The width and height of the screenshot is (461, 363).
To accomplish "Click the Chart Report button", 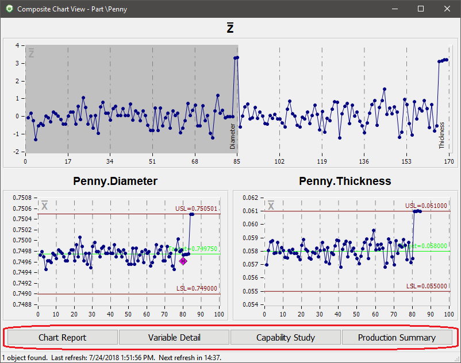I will (x=62, y=337).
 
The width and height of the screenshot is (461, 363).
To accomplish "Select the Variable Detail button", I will (x=174, y=337).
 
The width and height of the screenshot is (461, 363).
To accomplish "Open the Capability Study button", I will (x=286, y=337).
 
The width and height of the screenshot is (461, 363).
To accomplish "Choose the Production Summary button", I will (x=397, y=337).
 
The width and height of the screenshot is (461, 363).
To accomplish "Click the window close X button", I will (x=447, y=9).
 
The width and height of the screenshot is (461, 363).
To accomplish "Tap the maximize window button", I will (x=421, y=9).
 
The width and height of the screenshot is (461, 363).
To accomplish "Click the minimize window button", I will (x=394, y=9).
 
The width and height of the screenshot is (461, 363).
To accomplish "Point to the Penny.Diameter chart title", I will (x=116, y=181).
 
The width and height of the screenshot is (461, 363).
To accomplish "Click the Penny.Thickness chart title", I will (x=345, y=181).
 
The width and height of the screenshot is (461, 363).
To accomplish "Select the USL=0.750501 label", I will (x=197, y=209).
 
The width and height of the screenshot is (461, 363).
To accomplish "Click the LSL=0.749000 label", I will (x=197, y=289).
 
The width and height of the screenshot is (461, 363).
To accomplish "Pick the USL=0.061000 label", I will (x=426, y=206).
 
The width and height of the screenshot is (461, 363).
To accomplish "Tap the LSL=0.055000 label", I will (x=427, y=286).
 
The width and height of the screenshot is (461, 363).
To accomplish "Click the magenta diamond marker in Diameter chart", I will (x=183, y=261).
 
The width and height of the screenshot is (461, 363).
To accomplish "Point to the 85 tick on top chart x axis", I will (x=237, y=162).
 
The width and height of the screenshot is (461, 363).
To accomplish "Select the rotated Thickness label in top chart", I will (x=442, y=135).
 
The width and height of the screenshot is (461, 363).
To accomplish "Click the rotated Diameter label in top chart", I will (x=233, y=136).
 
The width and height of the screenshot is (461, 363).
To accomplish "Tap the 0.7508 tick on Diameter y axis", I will (x=24, y=198).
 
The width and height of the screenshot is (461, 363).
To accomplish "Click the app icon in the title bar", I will (x=9, y=9).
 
